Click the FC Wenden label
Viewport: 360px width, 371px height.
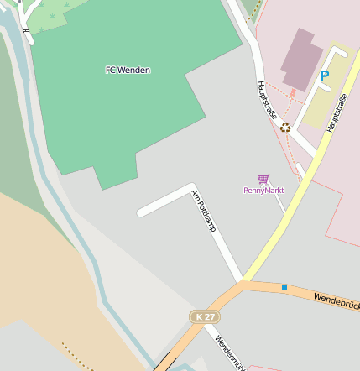[128, 70]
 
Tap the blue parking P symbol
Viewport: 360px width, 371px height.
[324, 76]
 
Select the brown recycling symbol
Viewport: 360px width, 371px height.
[285, 128]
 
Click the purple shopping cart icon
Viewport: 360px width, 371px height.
[263, 179]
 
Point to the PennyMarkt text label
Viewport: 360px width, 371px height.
[263, 191]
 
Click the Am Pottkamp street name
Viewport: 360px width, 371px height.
[204, 210]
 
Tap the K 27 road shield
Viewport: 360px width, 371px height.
[203, 316]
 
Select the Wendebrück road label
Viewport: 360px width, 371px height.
[336, 299]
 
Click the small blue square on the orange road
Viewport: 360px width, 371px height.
[284, 288]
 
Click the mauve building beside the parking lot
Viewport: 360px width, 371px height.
[301, 59]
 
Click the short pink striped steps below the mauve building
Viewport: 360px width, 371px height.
[292, 93]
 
